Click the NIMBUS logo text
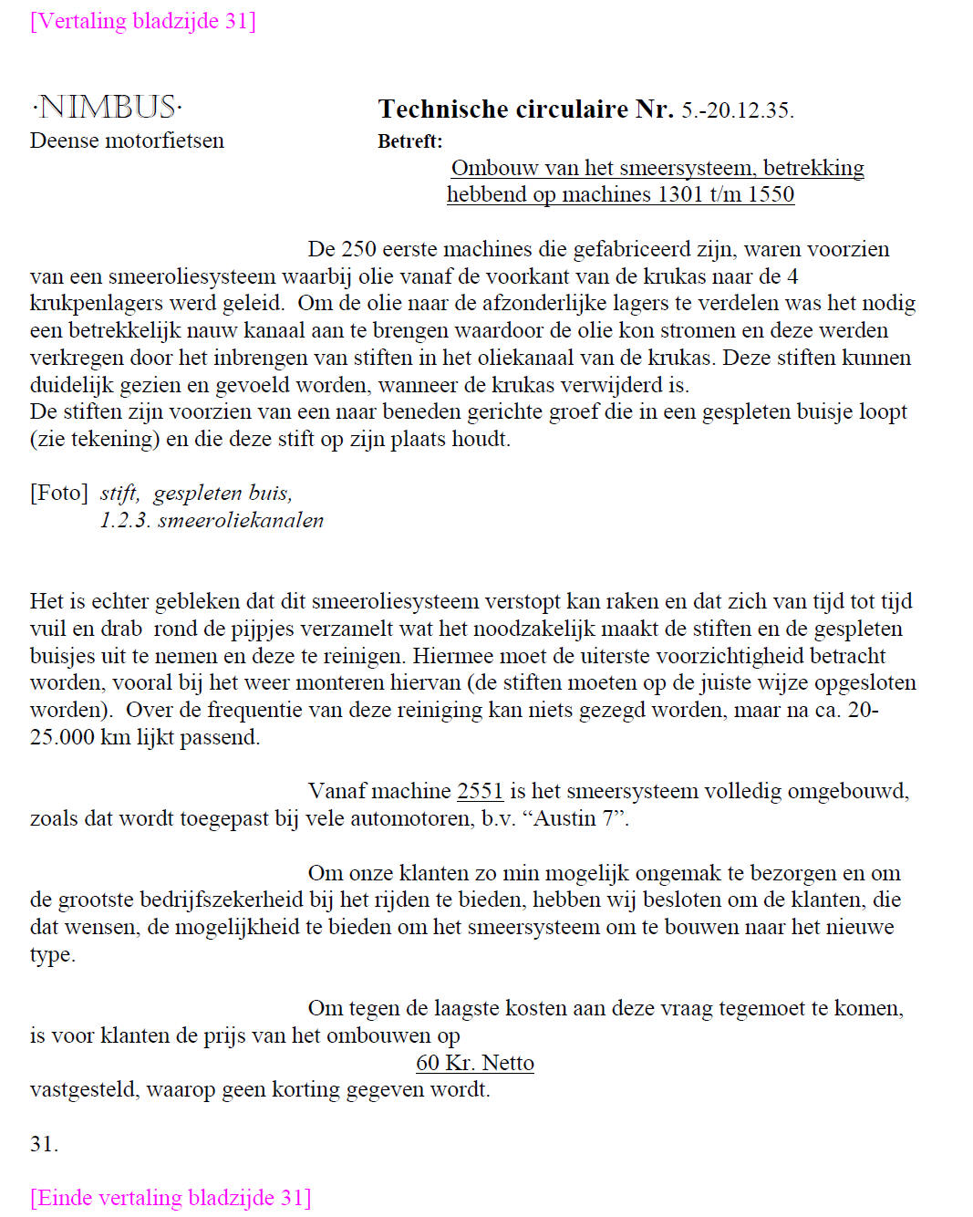click(107, 108)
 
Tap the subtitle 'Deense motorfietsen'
click(127, 140)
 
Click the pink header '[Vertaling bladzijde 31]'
click(143, 21)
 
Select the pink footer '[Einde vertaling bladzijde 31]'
click(171, 1198)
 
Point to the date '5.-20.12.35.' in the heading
click(738, 110)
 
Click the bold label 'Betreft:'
click(409, 141)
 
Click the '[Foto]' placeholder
click(58, 494)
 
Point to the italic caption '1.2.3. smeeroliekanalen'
click(212, 520)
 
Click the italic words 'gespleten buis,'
click(223, 494)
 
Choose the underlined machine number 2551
click(480, 791)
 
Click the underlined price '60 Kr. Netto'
click(475, 1063)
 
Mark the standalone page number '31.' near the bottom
click(44, 1144)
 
